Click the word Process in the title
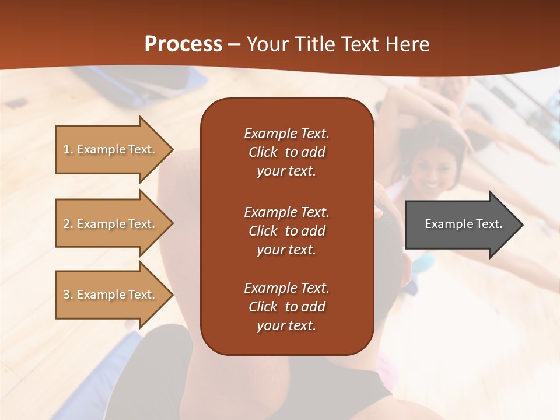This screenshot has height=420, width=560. coord(183,44)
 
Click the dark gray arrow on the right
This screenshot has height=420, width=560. coord(461,225)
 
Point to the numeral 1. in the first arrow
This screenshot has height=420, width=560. coord(68,149)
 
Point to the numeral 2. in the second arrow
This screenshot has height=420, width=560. coord(68,224)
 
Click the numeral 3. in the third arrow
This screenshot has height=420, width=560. coord(68,295)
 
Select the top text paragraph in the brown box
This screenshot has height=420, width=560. coord(286,152)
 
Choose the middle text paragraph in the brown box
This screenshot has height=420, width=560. coord(286,231)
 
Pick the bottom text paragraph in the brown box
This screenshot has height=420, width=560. coord(286,307)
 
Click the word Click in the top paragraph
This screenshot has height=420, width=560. coord(263,153)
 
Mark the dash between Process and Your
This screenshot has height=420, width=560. coord(234,45)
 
